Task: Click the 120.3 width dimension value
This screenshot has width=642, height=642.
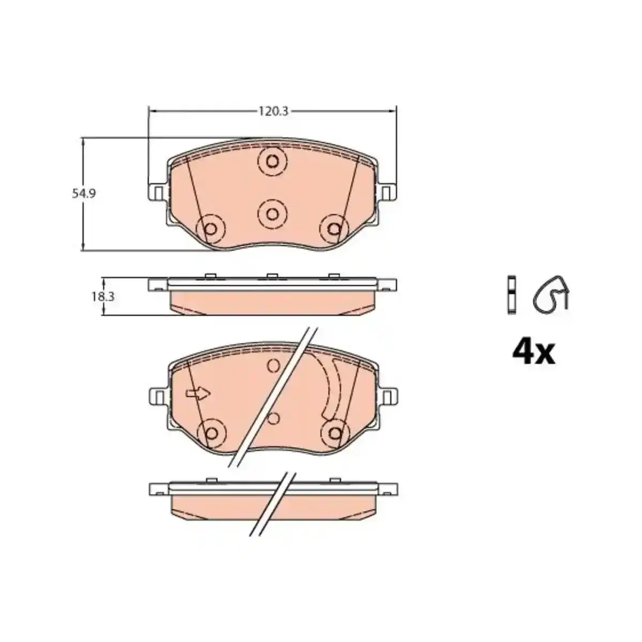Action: pyautogui.click(x=273, y=111)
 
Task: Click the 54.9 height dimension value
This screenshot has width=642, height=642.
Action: pyautogui.click(x=84, y=194)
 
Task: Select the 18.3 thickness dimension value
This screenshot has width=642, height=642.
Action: pyautogui.click(x=103, y=296)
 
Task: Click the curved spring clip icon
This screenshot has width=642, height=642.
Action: pyautogui.click(x=551, y=295)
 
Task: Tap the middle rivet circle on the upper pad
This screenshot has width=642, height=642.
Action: pyautogui.click(x=272, y=214)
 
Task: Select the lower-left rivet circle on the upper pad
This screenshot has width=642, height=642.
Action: pyautogui.click(x=211, y=228)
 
